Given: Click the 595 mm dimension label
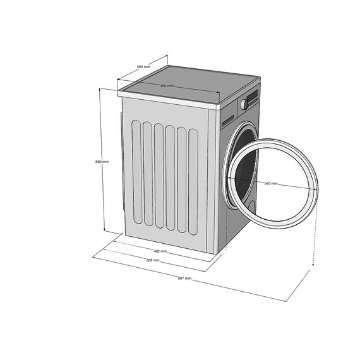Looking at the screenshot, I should pos(143,66).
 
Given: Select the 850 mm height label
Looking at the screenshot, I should pos(102,162).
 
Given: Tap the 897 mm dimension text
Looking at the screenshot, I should pos(184,278).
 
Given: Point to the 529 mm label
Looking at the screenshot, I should pos(152,260).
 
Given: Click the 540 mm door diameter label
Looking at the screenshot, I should pos(271,183).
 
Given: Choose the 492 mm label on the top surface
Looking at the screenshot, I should pos(167,86).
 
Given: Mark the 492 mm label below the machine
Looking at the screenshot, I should pos(160,251).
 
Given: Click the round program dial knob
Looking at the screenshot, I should pos(243,104).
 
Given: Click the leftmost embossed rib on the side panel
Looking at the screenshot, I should pos(135,171).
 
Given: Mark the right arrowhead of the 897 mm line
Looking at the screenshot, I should pos(311,269).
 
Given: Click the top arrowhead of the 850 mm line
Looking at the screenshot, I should pos(100,89).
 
